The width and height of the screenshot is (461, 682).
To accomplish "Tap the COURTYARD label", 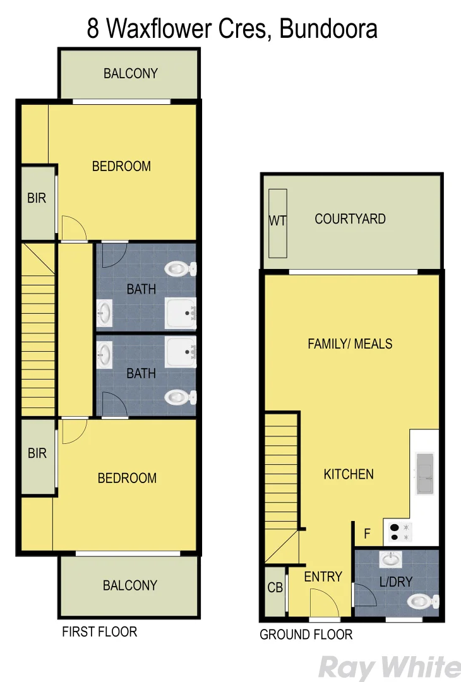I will pyautogui.click(x=350, y=219).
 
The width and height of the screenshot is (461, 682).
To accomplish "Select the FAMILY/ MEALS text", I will pyautogui.click(x=350, y=344).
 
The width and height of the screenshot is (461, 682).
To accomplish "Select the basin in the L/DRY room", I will pyautogui.click(x=392, y=559).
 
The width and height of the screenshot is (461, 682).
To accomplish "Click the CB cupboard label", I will pyautogui.click(x=275, y=588).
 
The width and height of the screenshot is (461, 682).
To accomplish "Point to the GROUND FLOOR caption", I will pyautogui.click(x=306, y=635).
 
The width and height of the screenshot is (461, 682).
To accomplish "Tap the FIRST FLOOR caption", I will pyautogui.click(x=99, y=631).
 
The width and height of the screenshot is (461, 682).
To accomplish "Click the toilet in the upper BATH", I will pyautogui.click(x=180, y=270).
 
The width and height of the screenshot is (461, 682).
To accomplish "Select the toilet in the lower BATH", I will pyautogui.click(x=180, y=397).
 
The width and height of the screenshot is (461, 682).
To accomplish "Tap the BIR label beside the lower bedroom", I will pyautogui.click(x=37, y=453).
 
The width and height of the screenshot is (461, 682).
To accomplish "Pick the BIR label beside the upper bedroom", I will pyautogui.click(x=37, y=198).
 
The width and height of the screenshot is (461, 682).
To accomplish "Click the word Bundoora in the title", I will pyautogui.click(x=328, y=28).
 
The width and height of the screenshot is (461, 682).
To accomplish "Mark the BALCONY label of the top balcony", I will pyautogui.click(x=131, y=73).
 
